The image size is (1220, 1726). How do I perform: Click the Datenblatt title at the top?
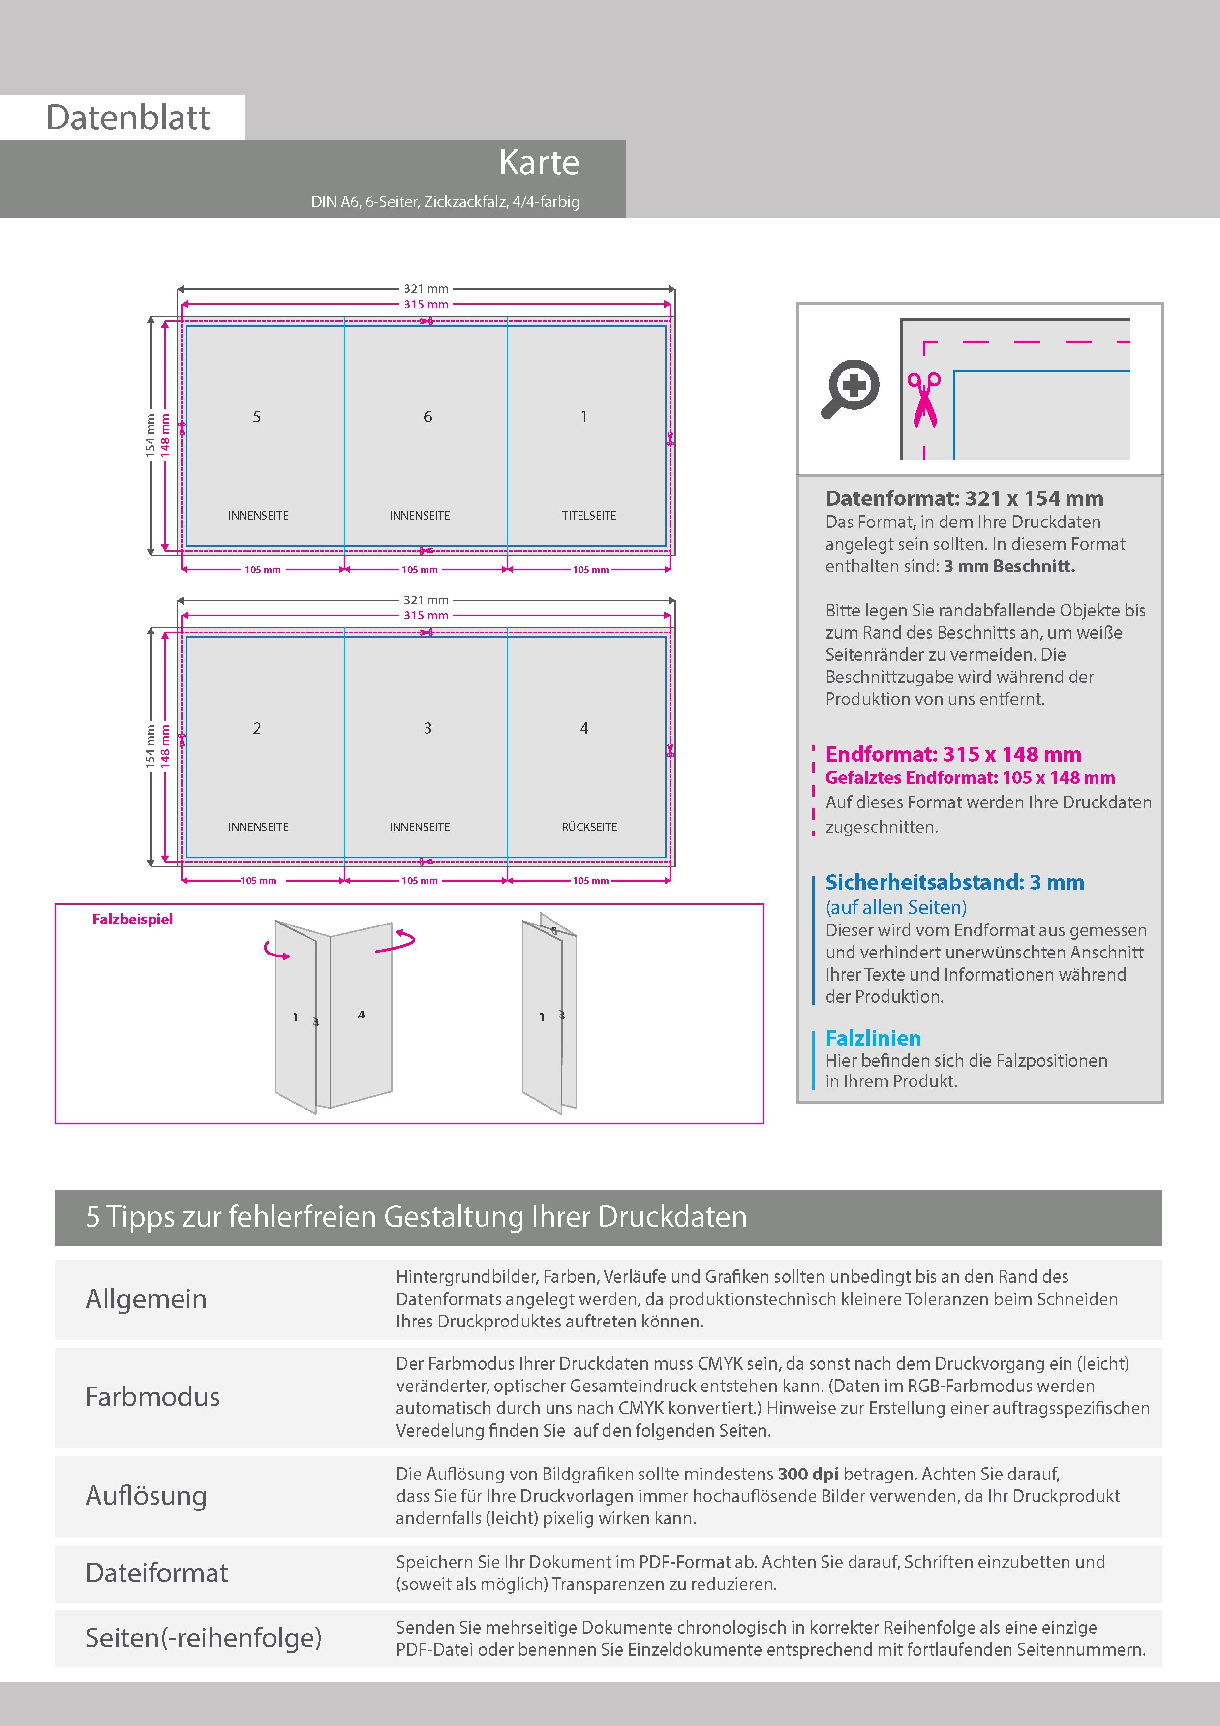(x=128, y=117)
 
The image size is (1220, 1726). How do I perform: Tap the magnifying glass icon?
(x=850, y=388)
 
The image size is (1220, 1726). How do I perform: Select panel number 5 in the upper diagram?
(x=257, y=416)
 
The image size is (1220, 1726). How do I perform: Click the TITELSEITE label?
(x=588, y=516)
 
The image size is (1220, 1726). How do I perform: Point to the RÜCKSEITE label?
(x=588, y=827)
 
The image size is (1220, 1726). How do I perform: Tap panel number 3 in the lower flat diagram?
(x=427, y=728)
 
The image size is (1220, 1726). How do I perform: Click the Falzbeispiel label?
(x=132, y=919)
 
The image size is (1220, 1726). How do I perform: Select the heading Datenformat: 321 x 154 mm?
(x=964, y=498)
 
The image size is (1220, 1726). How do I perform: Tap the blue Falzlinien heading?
(x=873, y=1038)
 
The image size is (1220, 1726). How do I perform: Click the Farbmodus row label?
(x=152, y=1397)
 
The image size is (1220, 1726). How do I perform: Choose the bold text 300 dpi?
(x=808, y=1474)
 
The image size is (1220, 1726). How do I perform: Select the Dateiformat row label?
(x=156, y=1572)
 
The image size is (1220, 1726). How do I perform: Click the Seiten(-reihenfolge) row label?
(x=203, y=1637)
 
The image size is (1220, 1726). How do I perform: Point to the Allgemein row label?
(x=146, y=1299)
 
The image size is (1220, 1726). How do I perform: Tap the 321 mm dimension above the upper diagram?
(x=426, y=289)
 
